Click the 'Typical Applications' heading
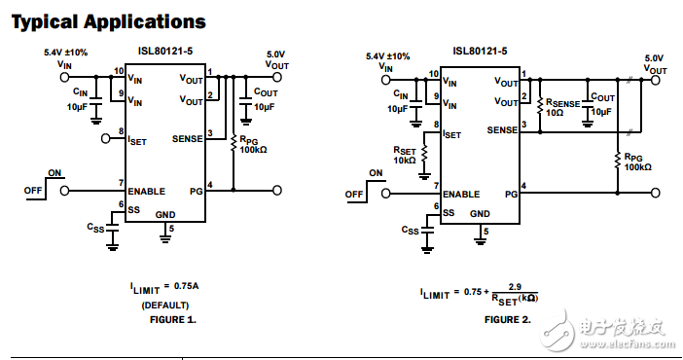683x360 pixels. click(x=108, y=21)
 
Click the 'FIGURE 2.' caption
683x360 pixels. click(x=508, y=318)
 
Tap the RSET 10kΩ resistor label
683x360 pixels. click(x=407, y=156)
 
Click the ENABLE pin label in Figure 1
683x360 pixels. click(x=146, y=191)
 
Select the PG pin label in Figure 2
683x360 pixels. click(x=510, y=194)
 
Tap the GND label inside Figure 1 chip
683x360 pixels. click(x=165, y=213)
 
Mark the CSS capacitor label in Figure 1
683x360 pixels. click(x=95, y=228)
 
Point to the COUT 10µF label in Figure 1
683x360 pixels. click(x=264, y=99)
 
